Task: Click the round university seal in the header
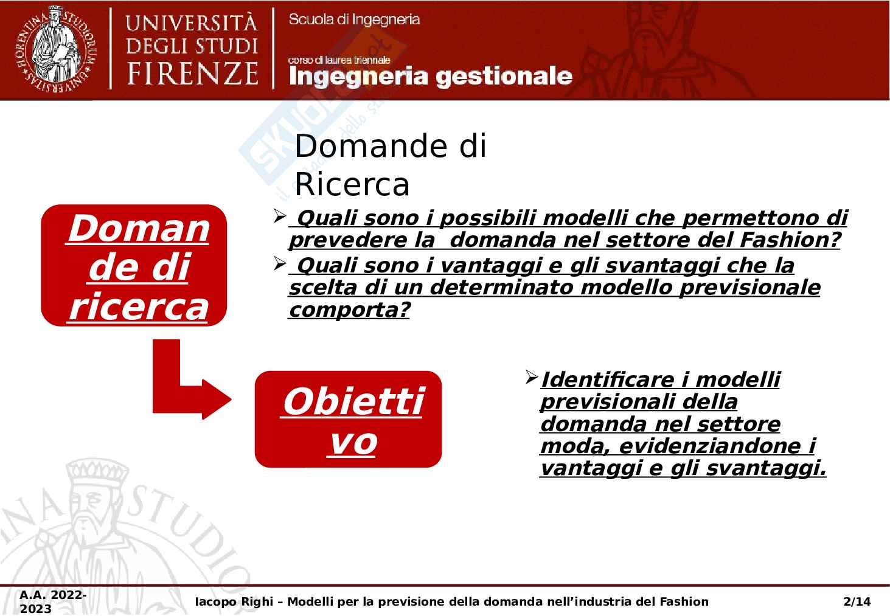[56, 49]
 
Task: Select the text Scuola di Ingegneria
[354, 19]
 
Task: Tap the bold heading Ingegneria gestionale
[431, 76]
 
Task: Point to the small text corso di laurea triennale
[339, 60]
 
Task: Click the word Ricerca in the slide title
[352, 184]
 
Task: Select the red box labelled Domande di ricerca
[134, 265]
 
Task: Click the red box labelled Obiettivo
[348, 419]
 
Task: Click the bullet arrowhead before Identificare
[531, 377]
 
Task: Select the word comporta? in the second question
[349, 310]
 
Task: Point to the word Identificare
[608, 379]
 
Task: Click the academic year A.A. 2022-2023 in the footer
[52, 601]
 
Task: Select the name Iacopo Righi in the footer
[234, 601]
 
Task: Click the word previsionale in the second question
[749, 288]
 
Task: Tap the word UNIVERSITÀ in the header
[192, 22]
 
